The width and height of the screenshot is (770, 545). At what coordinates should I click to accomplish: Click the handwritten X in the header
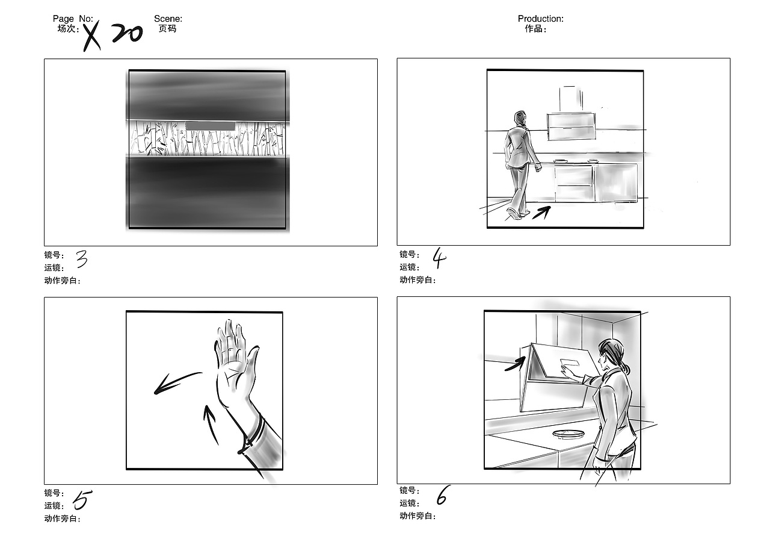tap(91, 36)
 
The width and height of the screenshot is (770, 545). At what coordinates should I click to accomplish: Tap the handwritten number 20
tap(127, 33)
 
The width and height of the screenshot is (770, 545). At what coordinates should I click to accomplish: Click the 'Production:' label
tap(540, 19)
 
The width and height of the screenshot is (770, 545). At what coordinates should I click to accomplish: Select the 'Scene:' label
tap(168, 19)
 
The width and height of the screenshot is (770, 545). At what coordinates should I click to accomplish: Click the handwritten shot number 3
tap(82, 259)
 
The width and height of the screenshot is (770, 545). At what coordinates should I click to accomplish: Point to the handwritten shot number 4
tap(439, 258)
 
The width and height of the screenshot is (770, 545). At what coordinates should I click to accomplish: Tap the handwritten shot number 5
tap(82, 500)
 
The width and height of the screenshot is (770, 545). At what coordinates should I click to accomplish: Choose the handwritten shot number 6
tap(442, 495)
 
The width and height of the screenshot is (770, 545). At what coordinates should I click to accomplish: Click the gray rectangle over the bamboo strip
tap(211, 126)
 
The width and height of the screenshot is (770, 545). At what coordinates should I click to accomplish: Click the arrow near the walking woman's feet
tap(541, 213)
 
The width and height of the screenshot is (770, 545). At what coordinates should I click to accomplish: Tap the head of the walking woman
tap(520, 119)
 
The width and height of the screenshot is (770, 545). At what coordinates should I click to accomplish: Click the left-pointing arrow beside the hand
tap(177, 382)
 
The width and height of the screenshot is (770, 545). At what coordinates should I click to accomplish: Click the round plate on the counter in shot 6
tap(568, 434)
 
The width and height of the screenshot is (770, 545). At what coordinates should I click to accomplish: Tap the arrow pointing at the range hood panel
tap(515, 364)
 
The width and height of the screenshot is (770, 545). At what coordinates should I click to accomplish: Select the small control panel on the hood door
tap(570, 363)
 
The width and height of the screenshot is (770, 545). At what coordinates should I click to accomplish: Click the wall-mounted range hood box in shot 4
tap(571, 126)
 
